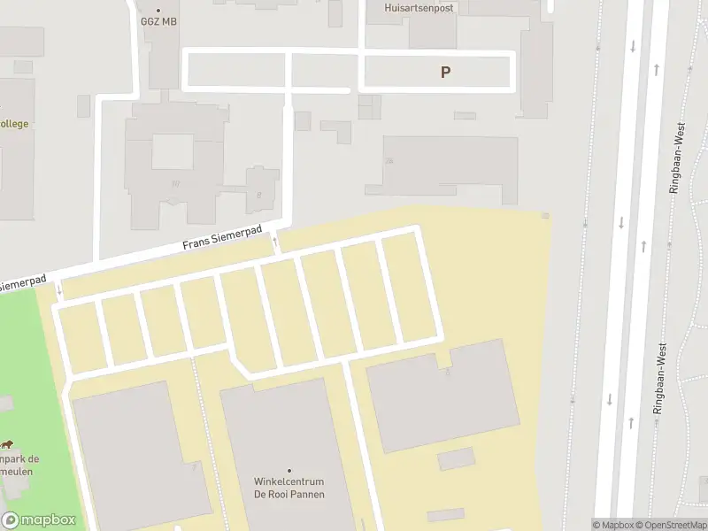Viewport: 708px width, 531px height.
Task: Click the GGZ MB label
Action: [x=158, y=21]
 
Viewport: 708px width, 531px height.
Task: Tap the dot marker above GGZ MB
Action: [x=158, y=10]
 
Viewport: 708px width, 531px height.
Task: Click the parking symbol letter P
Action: [x=445, y=73]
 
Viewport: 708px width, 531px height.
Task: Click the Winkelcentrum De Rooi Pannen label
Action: [x=289, y=488]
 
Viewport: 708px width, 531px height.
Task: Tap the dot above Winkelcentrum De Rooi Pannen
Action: [x=289, y=470]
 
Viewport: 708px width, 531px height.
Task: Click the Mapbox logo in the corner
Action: [x=38, y=519]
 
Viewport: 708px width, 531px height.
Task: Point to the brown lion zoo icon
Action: [x=7, y=445]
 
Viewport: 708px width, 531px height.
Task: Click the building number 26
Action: [x=389, y=161]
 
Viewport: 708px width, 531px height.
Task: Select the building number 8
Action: [x=258, y=195]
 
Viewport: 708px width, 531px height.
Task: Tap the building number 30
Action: [x=174, y=184]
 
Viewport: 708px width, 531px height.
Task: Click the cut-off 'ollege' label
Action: [x=13, y=123]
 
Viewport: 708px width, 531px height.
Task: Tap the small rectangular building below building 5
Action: [x=456, y=459]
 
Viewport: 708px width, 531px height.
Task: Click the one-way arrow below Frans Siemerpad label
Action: [x=274, y=240]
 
